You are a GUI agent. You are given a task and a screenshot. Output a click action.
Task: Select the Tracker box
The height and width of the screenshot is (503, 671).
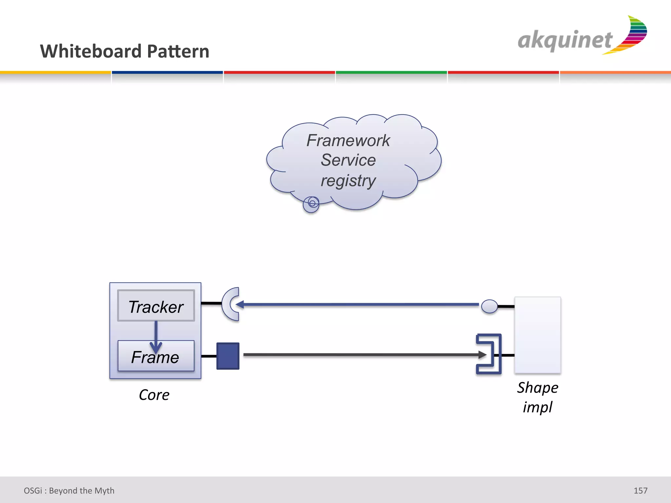click(x=156, y=306)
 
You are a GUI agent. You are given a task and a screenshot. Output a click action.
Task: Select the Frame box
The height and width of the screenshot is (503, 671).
click(x=156, y=356)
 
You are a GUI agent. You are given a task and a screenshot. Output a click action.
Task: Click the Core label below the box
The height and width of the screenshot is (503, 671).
click(x=154, y=395)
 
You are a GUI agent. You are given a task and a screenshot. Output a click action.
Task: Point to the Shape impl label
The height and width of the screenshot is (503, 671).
click(x=537, y=397)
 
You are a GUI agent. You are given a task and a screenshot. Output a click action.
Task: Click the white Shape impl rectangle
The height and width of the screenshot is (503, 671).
click(x=537, y=335)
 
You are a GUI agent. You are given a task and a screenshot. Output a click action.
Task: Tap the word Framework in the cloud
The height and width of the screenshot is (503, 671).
click(x=348, y=141)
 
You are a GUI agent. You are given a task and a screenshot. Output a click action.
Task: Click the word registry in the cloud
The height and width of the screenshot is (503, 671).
click(x=348, y=181)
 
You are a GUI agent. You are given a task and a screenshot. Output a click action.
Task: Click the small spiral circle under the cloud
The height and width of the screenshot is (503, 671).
click(x=311, y=204)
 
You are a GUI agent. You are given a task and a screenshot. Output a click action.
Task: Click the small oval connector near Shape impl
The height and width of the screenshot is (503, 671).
click(x=489, y=307)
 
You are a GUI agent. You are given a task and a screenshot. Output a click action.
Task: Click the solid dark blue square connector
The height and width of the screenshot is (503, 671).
click(x=228, y=356)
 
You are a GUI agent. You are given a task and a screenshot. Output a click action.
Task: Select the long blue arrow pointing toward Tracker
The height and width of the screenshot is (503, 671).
click(x=357, y=305)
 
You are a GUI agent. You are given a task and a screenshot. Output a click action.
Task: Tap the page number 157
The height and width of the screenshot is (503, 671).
click(x=641, y=491)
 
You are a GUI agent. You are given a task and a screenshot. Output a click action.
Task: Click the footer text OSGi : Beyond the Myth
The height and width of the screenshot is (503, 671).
click(x=69, y=491)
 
